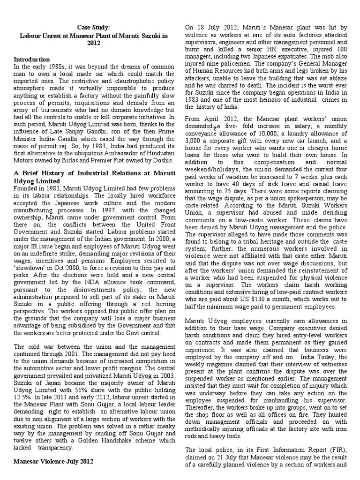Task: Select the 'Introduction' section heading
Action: click(x=32, y=60)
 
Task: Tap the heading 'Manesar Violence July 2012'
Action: click(x=53, y=461)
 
